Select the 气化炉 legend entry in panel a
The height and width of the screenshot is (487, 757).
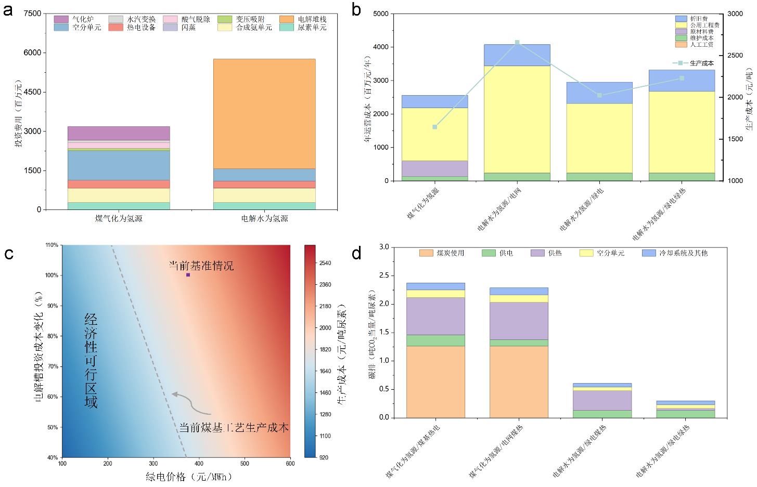pos(78,19)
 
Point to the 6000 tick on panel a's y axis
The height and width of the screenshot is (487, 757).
pos(36,53)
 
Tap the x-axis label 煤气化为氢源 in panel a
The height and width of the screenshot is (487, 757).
pos(119,219)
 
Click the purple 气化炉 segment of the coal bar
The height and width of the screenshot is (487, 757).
pos(119,133)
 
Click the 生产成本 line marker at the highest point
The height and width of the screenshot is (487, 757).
pos(517,43)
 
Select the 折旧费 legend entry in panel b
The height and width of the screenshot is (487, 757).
pos(699,18)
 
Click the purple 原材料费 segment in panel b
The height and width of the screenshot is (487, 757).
pos(434,168)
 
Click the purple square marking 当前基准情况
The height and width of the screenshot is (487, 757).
pos(188,275)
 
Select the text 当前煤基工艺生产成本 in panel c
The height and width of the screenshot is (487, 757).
pos(234,428)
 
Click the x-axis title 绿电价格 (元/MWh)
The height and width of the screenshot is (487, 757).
pos(188,477)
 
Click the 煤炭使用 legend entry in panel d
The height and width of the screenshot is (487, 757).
pos(442,253)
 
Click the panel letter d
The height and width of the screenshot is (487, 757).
pos(357,254)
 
